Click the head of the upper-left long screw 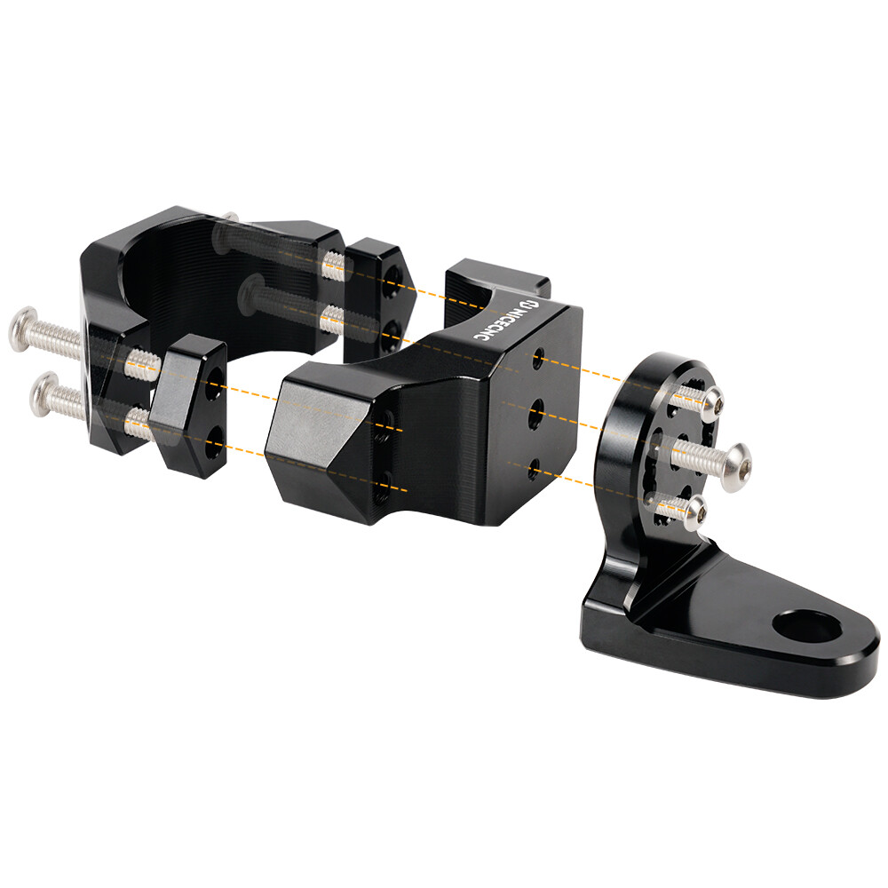point(23,329)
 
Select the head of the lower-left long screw point(44,395)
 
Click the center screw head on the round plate point(737,467)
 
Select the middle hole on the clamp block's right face point(535,414)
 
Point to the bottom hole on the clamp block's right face point(534,468)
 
